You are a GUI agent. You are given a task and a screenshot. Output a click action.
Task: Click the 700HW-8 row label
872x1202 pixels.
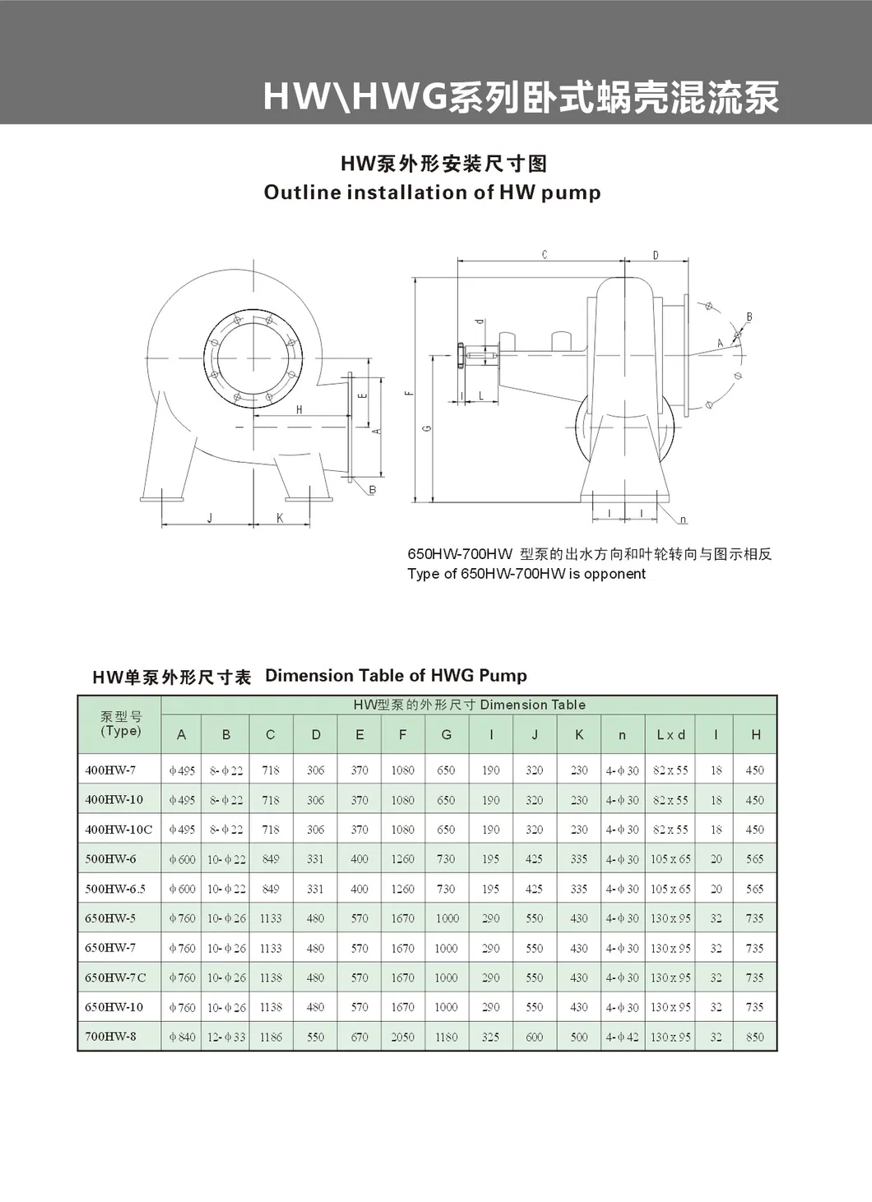pyautogui.click(x=110, y=1036)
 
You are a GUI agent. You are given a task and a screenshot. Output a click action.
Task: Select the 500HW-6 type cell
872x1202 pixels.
pyautogui.click(x=110, y=858)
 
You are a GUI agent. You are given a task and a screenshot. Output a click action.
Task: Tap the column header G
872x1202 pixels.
pyautogui.click(x=446, y=735)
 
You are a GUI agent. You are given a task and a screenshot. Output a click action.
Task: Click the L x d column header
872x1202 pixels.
pyautogui.click(x=670, y=735)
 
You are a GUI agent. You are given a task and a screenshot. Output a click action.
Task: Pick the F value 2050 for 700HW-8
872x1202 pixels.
pyautogui.click(x=402, y=1037)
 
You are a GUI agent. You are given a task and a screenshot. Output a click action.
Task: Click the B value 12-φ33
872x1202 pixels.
pyautogui.click(x=226, y=1037)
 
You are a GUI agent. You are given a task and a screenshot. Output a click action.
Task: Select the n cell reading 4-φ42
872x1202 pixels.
pyautogui.click(x=622, y=1037)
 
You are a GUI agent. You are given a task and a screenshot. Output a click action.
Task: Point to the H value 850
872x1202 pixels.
pyautogui.click(x=754, y=1037)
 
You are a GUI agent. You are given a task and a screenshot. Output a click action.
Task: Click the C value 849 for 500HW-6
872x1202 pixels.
pyautogui.click(x=271, y=859)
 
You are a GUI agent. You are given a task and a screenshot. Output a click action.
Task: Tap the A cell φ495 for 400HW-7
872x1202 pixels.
pyautogui.click(x=182, y=770)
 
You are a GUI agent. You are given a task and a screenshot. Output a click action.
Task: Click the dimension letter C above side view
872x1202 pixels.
pyautogui.click(x=545, y=255)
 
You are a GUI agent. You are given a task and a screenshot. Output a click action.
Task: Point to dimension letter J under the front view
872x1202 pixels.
pyautogui.click(x=210, y=518)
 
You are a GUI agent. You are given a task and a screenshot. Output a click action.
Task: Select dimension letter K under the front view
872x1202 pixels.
pyautogui.click(x=280, y=518)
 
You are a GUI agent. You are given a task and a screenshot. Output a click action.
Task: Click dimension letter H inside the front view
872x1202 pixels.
pyautogui.click(x=299, y=409)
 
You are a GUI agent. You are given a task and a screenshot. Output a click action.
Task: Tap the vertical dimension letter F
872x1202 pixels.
pyautogui.click(x=409, y=392)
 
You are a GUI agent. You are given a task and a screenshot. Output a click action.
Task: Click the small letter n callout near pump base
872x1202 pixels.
pyautogui.click(x=684, y=520)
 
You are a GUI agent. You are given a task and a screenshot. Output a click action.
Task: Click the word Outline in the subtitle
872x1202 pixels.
pyautogui.click(x=302, y=192)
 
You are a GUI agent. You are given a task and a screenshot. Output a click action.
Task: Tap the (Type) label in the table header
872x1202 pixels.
pyautogui.click(x=121, y=731)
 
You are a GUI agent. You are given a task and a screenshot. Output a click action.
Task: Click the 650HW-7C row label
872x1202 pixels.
pyautogui.click(x=115, y=977)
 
